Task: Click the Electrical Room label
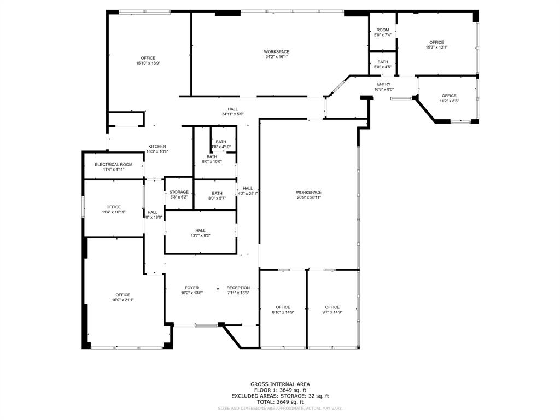(x=114, y=165)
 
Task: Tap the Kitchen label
(x=157, y=147)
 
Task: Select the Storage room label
(x=179, y=192)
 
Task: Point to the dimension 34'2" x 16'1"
(x=277, y=56)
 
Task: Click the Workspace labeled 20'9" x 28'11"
(x=309, y=192)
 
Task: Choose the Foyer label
(x=191, y=288)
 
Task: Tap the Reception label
(x=238, y=288)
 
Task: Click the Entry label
(x=384, y=84)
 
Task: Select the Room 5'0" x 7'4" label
(x=383, y=30)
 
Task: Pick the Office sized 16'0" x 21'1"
(x=122, y=295)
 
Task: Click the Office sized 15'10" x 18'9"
(x=148, y=58)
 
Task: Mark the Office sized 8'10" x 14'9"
(x=283, y=307)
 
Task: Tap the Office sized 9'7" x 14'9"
(x=332, y=307)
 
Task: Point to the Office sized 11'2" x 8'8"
(x=450, y=96)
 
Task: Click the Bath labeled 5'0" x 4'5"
(x=383, y=62)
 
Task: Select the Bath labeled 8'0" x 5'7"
(x=217, y=193)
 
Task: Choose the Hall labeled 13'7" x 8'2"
(x=200, y=231)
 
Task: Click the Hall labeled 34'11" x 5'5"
(x=233, y=109)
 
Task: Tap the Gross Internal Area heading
(x=280, y=384)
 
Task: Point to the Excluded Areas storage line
(x=280, y=396)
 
